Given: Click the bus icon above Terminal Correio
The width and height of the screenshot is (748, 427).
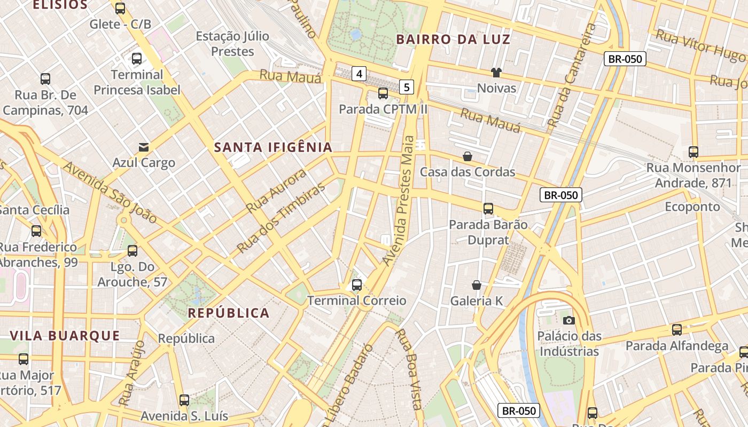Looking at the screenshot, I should [357, 285].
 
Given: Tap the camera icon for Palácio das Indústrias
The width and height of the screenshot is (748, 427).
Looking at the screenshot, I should [569, 320].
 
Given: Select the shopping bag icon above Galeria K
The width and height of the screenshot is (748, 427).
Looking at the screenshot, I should [476, 285].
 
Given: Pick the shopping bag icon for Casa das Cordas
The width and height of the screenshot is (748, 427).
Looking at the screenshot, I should [467, 156].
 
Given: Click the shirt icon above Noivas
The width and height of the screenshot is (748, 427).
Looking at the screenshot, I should [496, 73].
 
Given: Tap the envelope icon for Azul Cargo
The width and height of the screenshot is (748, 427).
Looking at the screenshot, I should [144, 147].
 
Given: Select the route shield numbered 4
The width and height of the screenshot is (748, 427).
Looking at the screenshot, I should [359, 74].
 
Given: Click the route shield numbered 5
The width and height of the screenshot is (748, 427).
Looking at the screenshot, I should [407, 86].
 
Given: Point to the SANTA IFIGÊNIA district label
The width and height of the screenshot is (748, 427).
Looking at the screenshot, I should [273, 147].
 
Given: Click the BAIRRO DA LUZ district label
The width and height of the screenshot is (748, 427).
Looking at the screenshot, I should [453, 39].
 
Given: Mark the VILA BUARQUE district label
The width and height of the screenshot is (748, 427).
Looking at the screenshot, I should [65, 336].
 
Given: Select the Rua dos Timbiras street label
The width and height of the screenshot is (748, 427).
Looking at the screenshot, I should [281, 218].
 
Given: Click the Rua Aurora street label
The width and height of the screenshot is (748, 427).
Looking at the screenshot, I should [277, 191].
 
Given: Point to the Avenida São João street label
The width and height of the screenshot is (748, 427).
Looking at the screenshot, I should [111, 192].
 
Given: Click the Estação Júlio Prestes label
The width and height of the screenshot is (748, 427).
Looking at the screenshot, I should [232, 44].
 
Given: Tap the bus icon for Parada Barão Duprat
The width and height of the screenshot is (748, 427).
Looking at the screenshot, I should [488, 209].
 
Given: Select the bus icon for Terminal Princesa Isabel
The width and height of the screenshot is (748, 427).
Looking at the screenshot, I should [137, 59].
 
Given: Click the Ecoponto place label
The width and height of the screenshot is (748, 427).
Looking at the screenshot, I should [692, 207].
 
